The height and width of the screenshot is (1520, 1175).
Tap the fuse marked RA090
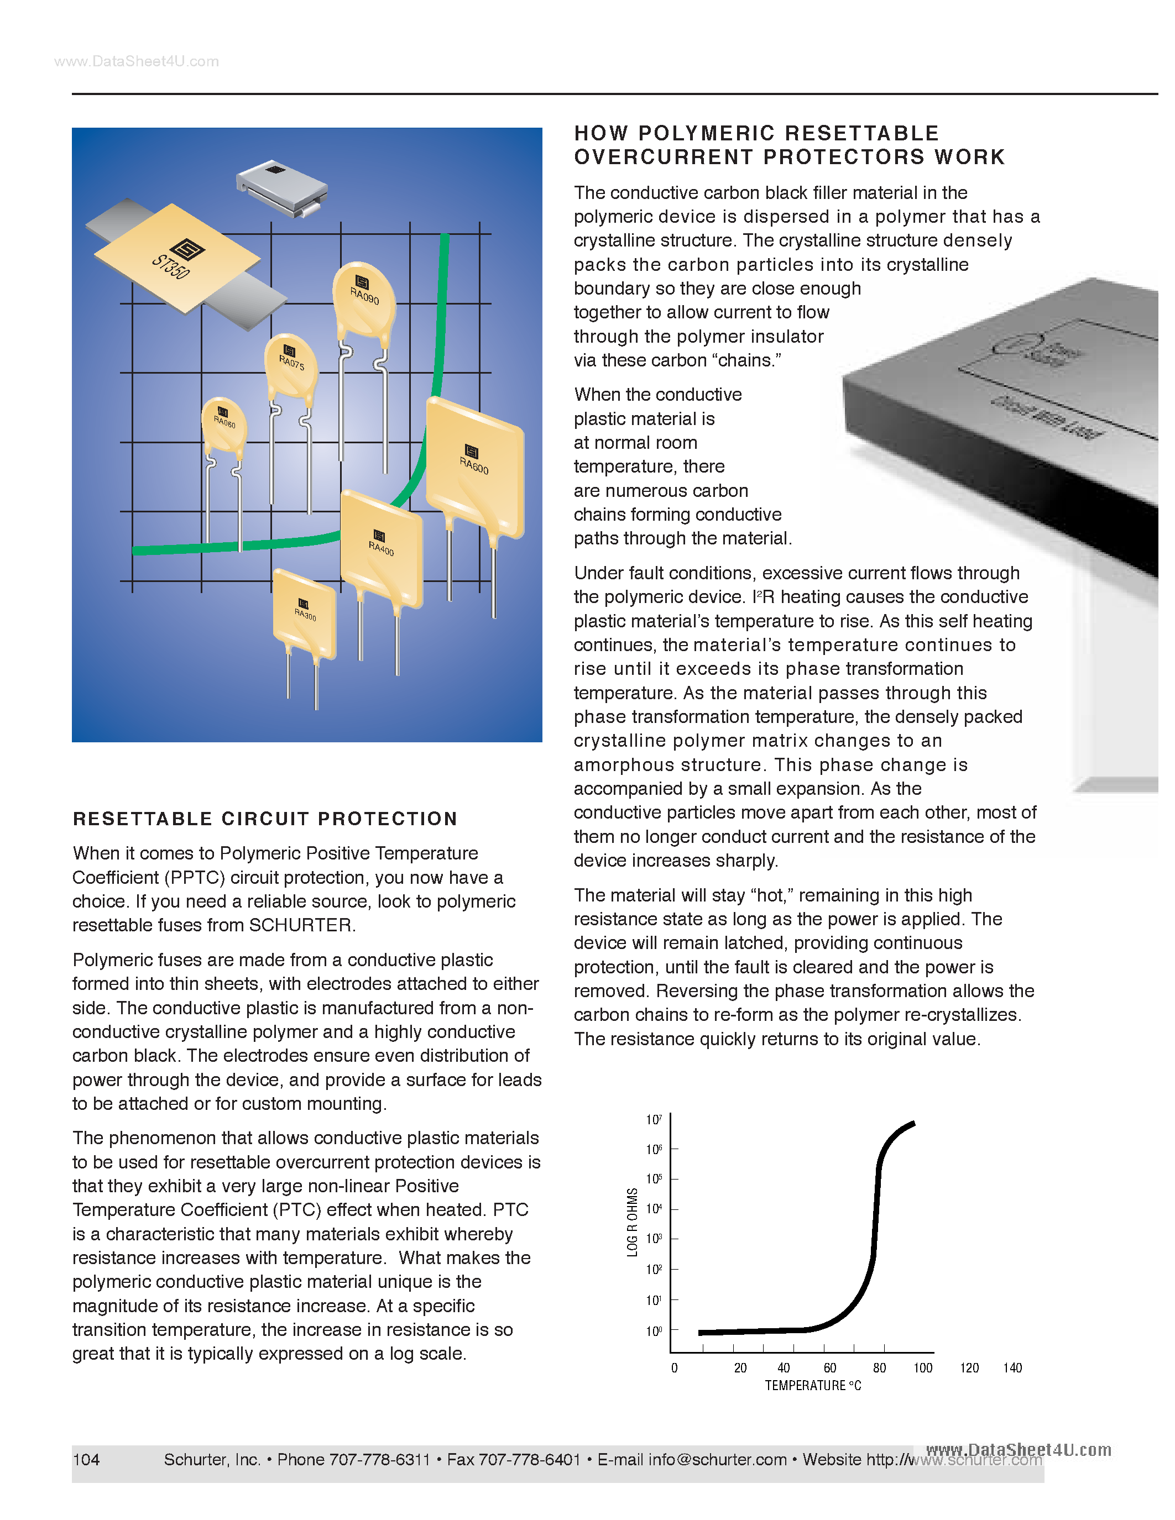[x=364, y=296]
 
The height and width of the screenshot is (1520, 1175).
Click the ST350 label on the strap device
[x=170, y=266]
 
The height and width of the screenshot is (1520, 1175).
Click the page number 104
[x=86, y=1459]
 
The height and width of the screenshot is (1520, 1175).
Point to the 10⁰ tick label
[x=654, y=1332]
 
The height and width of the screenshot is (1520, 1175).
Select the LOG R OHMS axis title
[x=632, y=1222]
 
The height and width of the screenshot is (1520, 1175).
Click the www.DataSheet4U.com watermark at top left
[x=137, y=62]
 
